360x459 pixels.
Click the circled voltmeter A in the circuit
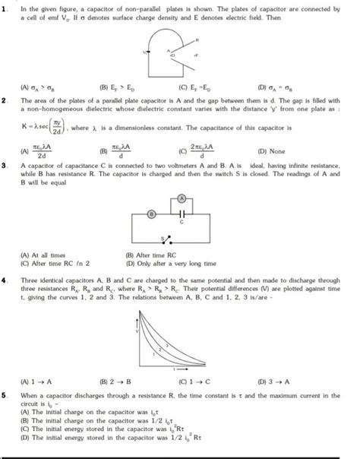point(181,199)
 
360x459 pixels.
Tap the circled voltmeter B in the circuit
point(152,214)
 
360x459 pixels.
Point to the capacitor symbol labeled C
point(181,214)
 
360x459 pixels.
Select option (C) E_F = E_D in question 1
point(193,87)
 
